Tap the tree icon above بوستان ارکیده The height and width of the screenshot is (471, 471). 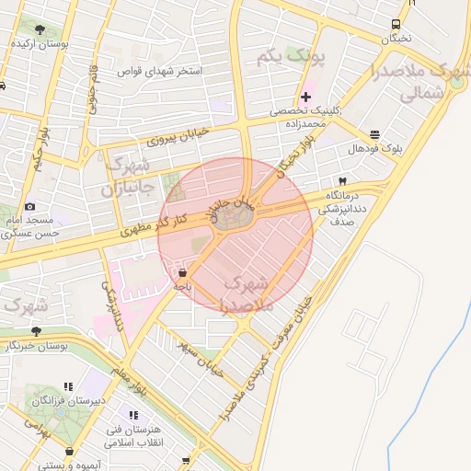tap(39, 27)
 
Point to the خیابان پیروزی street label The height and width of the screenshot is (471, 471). tap(178, 136)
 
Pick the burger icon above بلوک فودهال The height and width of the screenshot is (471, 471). tap(375, 134)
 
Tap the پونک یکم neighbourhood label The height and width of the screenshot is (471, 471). tap(292, 59)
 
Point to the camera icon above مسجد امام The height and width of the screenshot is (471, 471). tap(30, 207)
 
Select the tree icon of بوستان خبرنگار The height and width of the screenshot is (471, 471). tap(36, 331)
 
